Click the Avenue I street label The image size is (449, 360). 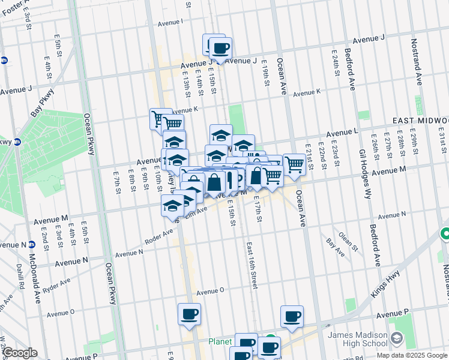pos(170,23)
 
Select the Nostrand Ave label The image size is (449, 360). pos(415,53)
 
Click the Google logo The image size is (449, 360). pos(20,353)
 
